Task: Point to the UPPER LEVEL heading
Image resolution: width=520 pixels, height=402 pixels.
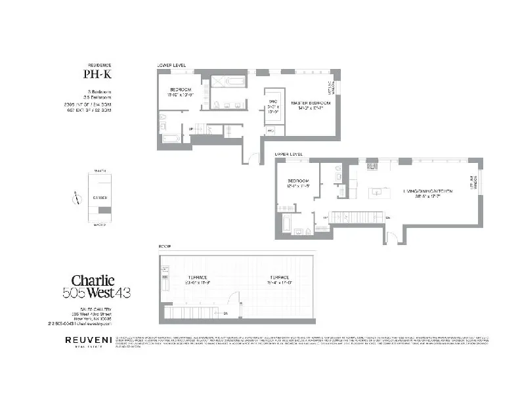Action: [x=289, y=155]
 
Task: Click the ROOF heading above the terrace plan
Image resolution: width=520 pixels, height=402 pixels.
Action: [x=163, y=246]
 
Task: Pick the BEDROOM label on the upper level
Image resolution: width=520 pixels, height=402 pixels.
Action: [x=299, y=183]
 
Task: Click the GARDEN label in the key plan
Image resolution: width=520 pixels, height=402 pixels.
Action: [x=100, y=196]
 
